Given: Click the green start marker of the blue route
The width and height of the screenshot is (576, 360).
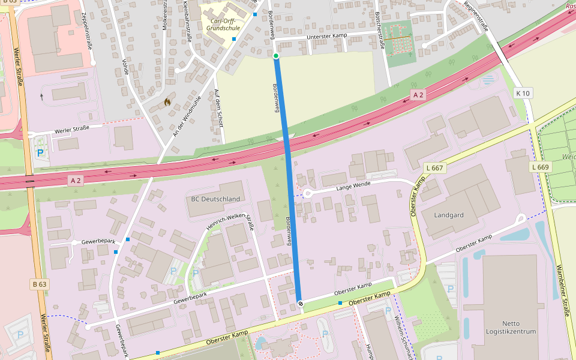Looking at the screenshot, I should click(x=276, y=56).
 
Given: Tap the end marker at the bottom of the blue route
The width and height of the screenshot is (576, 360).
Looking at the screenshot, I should click(x=301, y=304).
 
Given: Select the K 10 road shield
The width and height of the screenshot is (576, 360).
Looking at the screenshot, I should click(x=523, y=93).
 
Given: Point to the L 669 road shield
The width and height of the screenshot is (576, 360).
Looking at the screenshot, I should click(x=540, y=167).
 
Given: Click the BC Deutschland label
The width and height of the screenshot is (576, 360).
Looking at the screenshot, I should click(x=215, y=199).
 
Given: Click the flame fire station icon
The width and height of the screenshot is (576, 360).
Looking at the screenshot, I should click(x=167, y=102).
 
